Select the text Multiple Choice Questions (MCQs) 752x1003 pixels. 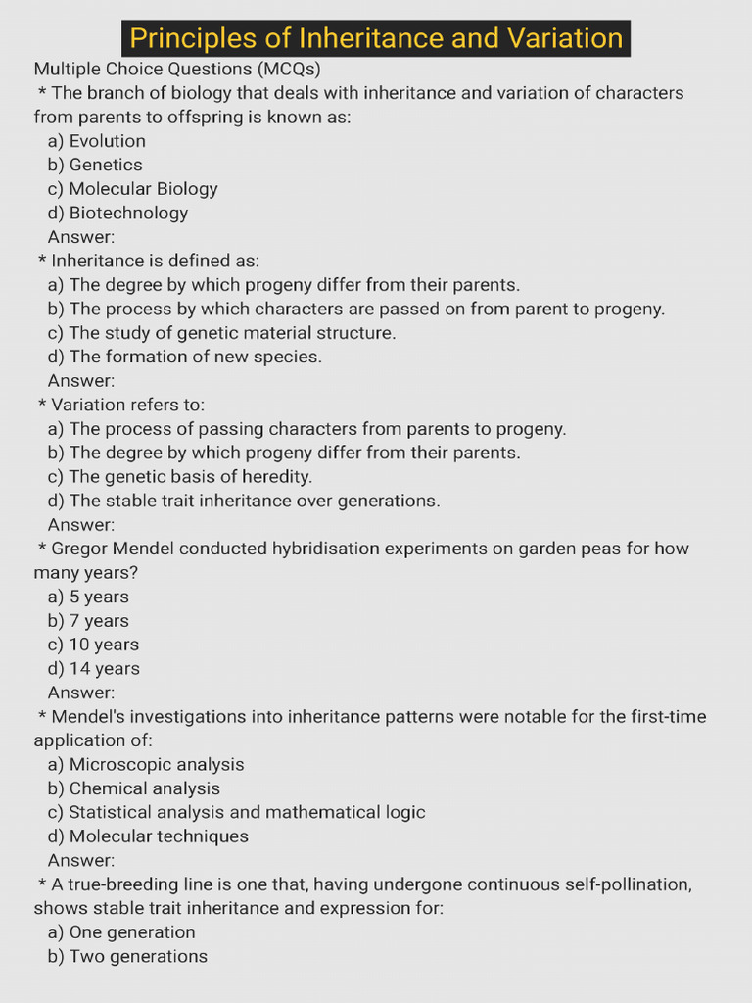pyautogui.click(x=177, y=69)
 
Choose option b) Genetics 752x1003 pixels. pyautogui.click(x=95, y=165)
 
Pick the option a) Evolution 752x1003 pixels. pyautogui.click(x=96, y=141)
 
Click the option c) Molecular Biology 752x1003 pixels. pyautogui.click(x=132, y=189)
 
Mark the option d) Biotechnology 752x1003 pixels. pyautogui.click(x=117, y=213)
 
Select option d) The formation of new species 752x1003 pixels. pyautogui.click(x=184, y=357)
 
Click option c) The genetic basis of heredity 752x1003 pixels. pyautogui.click(x=179, y=477)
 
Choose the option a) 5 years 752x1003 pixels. pyautogui.click(x=88, y=597)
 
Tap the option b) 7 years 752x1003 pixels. pyautogui.click(x=88, y=621)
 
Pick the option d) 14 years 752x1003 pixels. pyautogui.click(x=93, y=669)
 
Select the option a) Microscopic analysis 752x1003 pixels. pyautogui.click(x=146, y=764)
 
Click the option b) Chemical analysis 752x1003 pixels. pyautogui.click(x=133, y=788)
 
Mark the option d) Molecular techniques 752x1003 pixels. pyautogui.click(x=148, y=836)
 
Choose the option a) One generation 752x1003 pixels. pyautogui.click(x=121, y=932)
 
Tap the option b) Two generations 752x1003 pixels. pyautogui.click(x=127, y=956)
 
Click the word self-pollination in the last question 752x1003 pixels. pyautogui.click(x=626, y=884)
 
